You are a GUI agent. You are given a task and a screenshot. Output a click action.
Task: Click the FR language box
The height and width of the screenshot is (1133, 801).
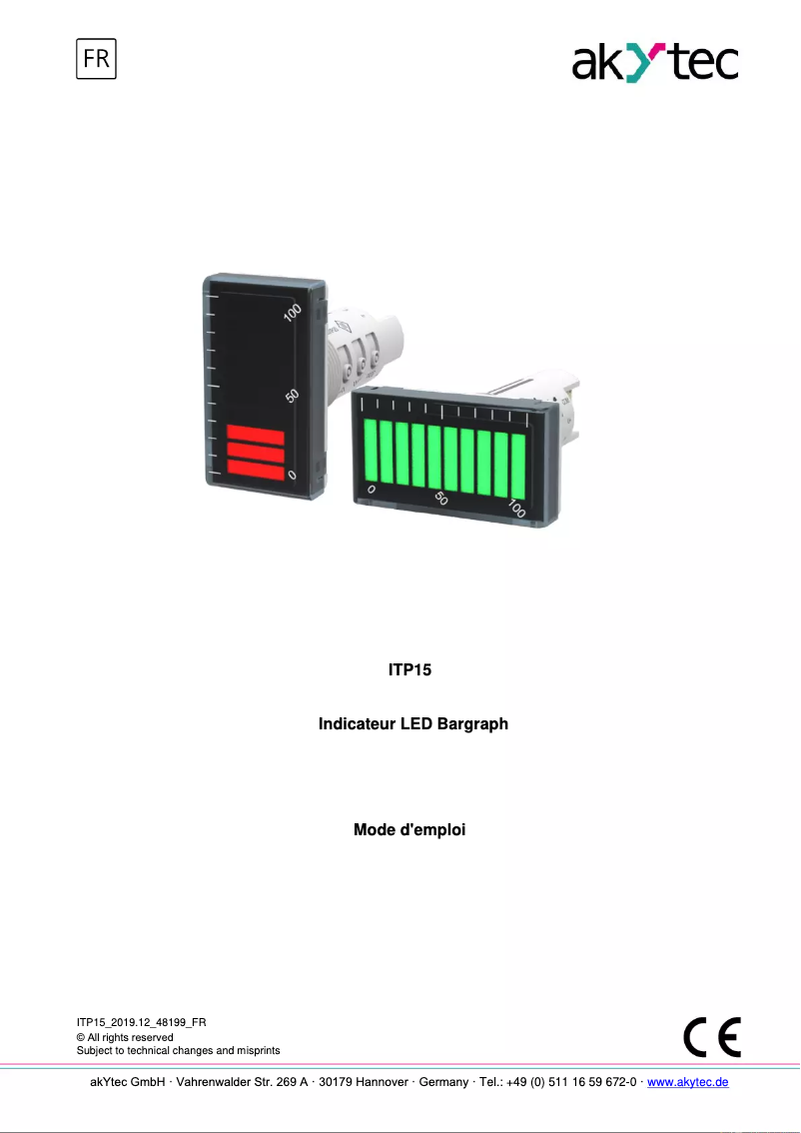tap(97, 59)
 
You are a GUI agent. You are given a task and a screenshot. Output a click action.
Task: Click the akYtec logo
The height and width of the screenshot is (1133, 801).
tap(654, 63)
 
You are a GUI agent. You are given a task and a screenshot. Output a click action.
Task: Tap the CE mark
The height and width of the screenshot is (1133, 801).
tap(712, 1036)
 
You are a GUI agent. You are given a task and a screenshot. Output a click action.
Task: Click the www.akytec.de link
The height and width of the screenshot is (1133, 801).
tap(688, 1082)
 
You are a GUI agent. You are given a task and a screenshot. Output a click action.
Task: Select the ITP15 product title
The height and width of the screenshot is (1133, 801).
tap(409, 669)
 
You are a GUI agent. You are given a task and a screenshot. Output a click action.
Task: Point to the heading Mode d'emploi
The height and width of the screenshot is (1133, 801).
tap(409, 830)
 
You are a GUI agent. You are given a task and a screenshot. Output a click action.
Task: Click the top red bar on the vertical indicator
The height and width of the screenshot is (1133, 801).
tap(256, 434)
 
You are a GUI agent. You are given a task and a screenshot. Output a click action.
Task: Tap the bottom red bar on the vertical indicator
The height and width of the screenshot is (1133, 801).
tap(256, 469)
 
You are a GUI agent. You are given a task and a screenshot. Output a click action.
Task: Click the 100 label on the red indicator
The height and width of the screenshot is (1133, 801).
tap(292, 313)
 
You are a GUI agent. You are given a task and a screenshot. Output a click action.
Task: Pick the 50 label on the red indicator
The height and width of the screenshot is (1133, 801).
tap(292, 395)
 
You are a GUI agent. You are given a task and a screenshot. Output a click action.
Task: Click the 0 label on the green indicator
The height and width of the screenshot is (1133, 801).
tap(372, 489)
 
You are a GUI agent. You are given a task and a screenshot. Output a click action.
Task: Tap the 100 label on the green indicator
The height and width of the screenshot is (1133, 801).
tap(516, 508)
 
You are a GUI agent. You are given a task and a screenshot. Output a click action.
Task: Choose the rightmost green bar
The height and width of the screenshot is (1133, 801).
tap(517, 463)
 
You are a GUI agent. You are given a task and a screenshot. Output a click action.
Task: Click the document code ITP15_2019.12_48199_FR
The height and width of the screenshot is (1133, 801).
tap(142, 1022)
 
